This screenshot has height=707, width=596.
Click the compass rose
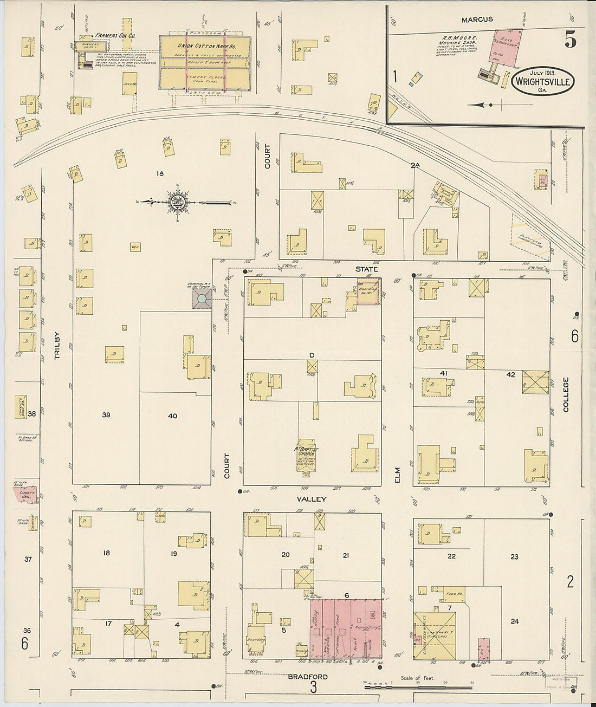point(178,202)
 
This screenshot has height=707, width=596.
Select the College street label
point(566,394)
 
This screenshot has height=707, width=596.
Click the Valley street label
point(312,498)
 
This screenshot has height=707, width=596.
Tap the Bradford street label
point(307,676)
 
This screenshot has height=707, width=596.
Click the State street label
point(367,269)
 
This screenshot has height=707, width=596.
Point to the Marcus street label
point(477,20)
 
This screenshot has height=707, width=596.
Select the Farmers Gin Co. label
point(115,36)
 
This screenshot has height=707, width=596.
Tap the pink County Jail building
point(25,495)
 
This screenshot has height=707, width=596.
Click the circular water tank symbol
point(202,299)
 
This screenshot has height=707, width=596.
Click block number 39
point(106,416)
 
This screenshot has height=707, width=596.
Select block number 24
point(514,621)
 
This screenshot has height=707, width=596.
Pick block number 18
point(107,553)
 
